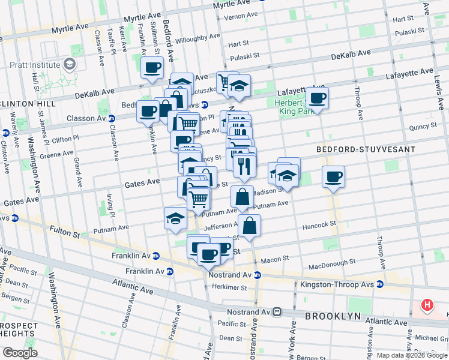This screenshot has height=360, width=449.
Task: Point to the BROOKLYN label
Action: (x=333, y=316)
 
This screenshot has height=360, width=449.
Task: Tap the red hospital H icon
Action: (x=427, y=305)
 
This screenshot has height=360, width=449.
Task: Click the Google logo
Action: (x=20, y=353)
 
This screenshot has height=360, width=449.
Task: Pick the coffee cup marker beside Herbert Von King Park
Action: (x=317, y=98)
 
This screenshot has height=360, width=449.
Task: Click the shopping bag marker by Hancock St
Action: (x=249, y=226)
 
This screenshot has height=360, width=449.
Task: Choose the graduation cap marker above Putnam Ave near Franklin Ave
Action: (x=175, y=218)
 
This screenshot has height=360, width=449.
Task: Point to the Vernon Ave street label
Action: (x=241, y=16)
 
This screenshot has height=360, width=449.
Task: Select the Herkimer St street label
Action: (x=231, y=287)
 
